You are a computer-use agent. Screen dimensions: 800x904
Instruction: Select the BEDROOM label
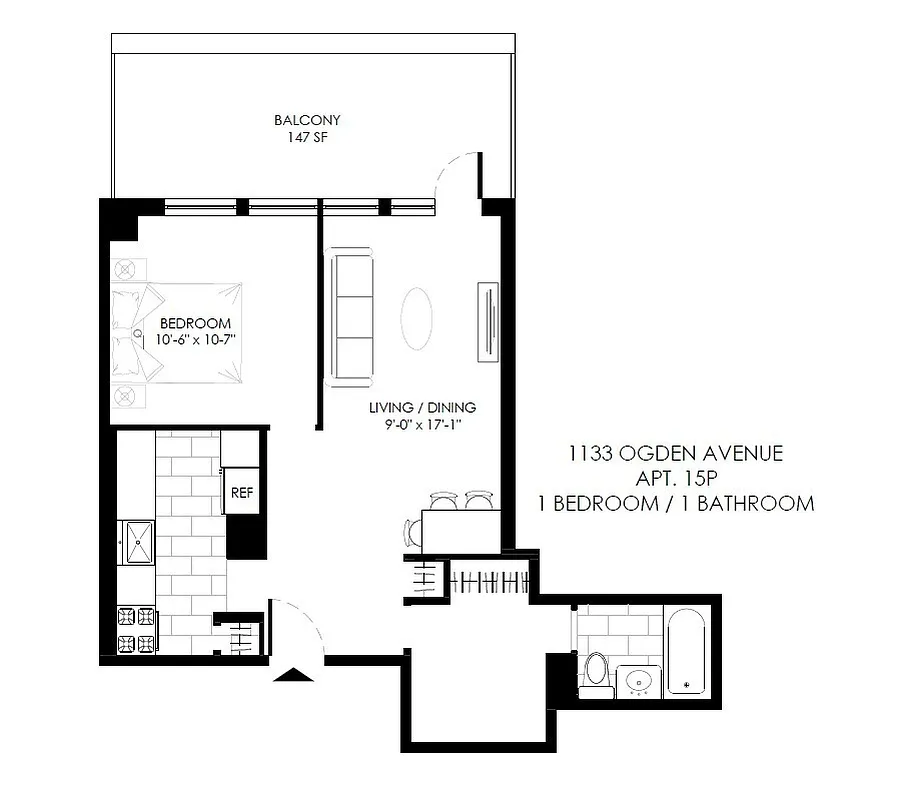pyautogui.click(x=195, y=324)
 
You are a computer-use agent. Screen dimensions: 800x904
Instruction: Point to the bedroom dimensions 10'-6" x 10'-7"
pyautogui.click(x=195, y=341)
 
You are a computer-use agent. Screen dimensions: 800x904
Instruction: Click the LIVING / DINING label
pyautogui.click(x=422, y=408)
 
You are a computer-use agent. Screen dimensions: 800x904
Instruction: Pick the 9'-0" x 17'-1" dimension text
pyautogui.click(x=422, y=425)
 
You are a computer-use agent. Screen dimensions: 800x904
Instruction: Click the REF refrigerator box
pyautogui.click(x=241, y=492)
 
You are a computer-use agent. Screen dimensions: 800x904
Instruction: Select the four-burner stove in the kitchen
pyautogui.click(x=137, y=630)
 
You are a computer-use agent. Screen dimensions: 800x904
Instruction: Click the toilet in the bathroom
pyautogui.click(x=597, y=673)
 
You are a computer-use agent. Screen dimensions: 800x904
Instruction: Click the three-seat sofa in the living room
pyautogui.click(x=351, y=318)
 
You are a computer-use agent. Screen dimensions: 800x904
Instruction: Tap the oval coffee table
pyautogui.click(x=418, y=319)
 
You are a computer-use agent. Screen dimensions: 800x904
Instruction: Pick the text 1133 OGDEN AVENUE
pyautogui.click(x=675, y=455)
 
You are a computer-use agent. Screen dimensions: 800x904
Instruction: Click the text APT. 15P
pyautogui.click(x=676, y=479)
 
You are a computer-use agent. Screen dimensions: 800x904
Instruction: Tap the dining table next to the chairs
pyautogui.click(x=460, y=528)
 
